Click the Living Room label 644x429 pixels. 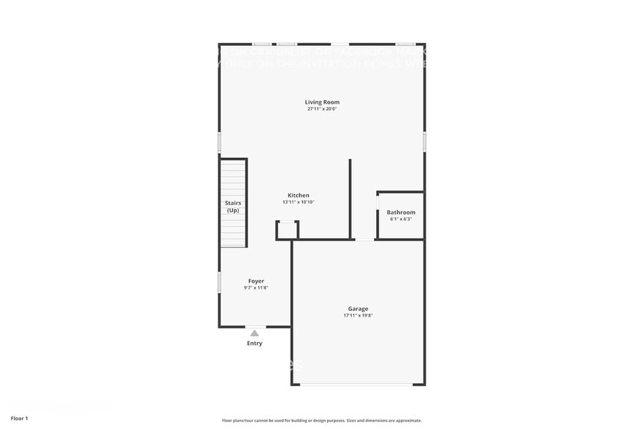322,102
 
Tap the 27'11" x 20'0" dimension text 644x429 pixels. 322,109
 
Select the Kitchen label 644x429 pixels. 298,196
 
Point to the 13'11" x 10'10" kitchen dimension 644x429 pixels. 298,203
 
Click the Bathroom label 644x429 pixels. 401,212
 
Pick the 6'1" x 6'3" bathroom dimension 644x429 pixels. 401,219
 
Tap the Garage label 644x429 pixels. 358,309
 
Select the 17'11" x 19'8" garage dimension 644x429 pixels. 358,316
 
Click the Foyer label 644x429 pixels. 256,281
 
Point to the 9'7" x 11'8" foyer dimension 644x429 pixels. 256,288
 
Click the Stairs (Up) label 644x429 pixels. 233,206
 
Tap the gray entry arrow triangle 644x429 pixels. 254,333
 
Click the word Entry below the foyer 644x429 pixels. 254,343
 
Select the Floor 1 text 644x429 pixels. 19,418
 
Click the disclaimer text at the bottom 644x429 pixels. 321,420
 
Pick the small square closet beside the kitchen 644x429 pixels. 287,231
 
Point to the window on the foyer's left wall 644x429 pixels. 220,283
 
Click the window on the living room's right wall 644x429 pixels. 423,142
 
